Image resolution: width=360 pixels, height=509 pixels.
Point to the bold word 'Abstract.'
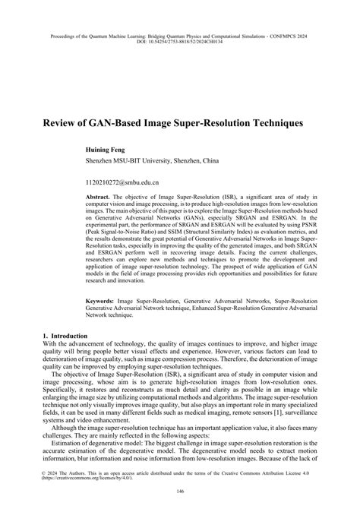tap(99, 195)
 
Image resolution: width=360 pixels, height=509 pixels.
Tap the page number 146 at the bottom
tap(180, 492)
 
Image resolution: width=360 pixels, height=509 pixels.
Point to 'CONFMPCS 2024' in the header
tap(293, 35)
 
